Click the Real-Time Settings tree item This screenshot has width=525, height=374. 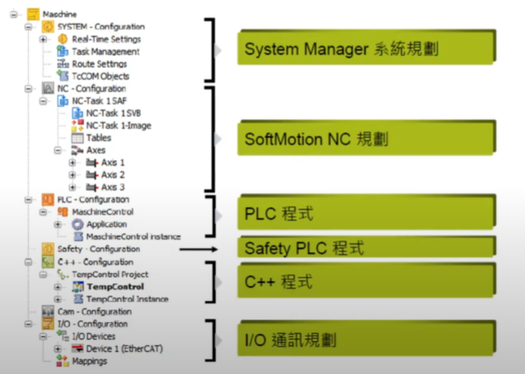tap(105, 39)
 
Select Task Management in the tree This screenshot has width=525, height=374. tap(105, 52)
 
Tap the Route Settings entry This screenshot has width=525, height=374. tap(99, 64)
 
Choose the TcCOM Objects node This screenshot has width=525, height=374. tap(100, 76)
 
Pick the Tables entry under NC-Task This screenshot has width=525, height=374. tap(98, 137)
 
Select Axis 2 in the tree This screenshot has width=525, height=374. tap(112, 174)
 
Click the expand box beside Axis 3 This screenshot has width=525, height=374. tap(72, 187)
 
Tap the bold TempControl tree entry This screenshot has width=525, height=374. tap(115, 287)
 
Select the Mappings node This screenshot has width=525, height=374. tap(90, 361)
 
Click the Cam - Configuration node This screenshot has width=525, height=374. tap(94, 311)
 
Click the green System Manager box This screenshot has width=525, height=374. tap(364, 49)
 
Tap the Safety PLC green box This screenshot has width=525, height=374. tap(364, 248)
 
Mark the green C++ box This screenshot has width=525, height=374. tap(364, 282)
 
